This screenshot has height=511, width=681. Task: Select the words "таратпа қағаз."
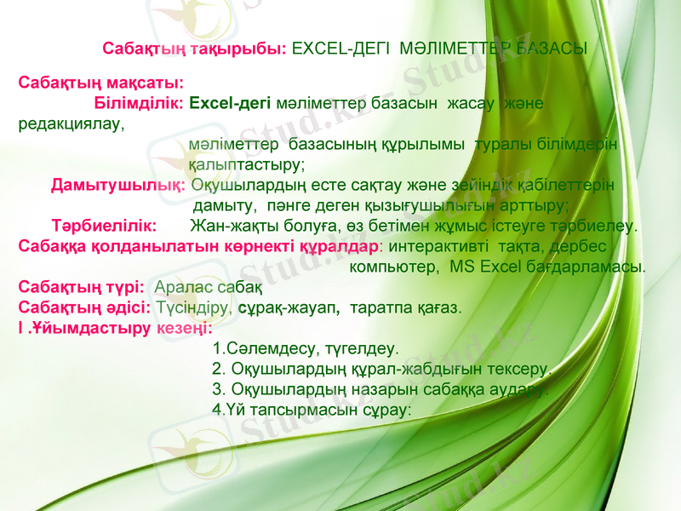click(x=405, y=307)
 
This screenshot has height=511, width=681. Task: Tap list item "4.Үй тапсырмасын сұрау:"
click(x=312, y=409)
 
